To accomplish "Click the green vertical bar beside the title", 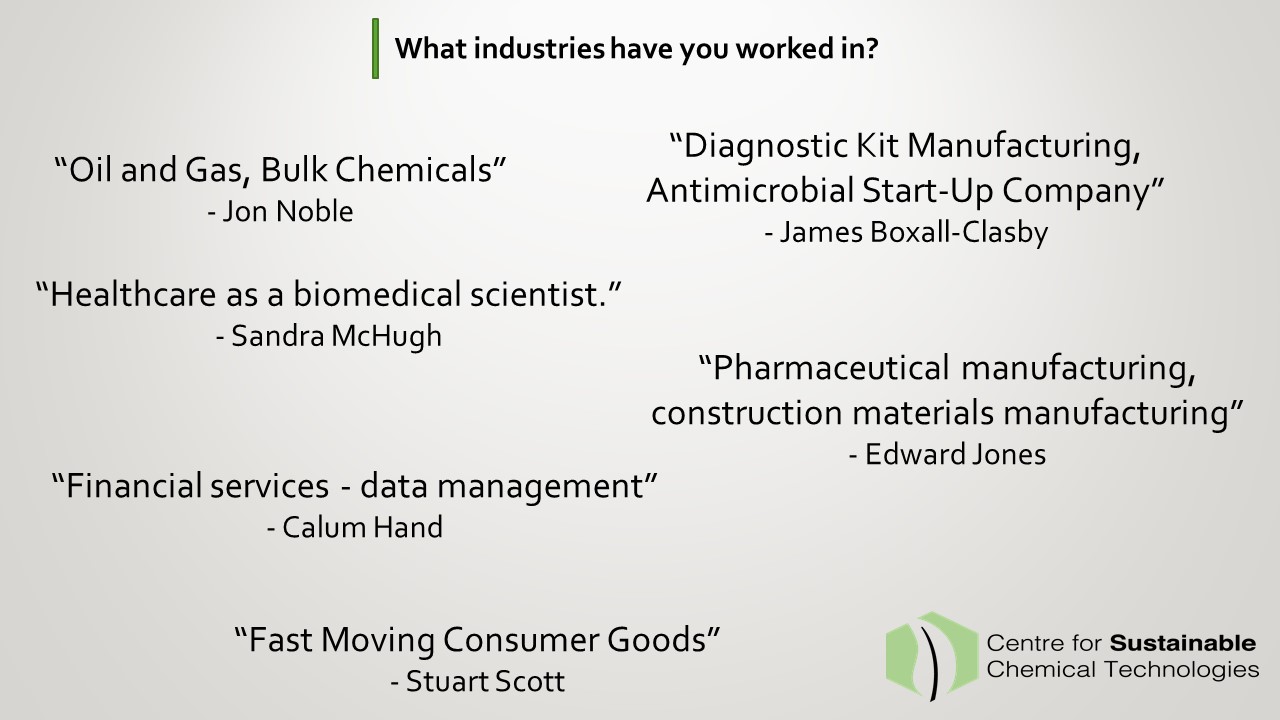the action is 375,49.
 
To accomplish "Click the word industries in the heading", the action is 539,49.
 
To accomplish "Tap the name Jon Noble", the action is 287,211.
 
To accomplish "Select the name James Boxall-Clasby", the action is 914,233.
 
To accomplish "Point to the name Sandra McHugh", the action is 337,336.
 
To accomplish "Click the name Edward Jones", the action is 955,455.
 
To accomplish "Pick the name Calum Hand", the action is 362,527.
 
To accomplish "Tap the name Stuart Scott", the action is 485,681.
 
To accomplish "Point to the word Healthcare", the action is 133,295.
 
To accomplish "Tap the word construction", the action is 747,413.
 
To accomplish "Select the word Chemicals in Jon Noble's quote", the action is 413,170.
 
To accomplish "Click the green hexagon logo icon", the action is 931,656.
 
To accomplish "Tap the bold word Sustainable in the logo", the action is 1182,643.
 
